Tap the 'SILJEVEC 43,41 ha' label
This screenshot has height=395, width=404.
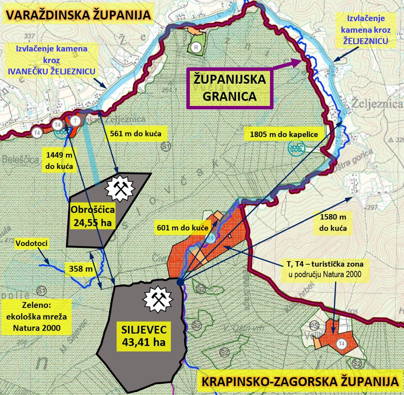pos(142,334)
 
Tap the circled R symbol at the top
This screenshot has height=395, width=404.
pos(195,47)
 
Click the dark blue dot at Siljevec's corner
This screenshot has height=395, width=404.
pos(180,282)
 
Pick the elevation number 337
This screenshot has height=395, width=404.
pos(29,36)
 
